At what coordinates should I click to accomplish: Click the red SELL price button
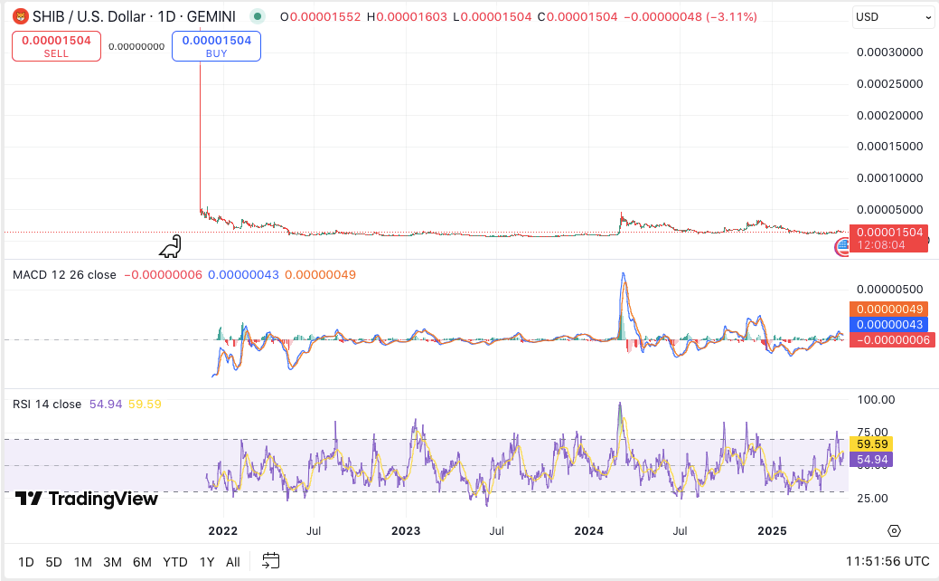[56, 46]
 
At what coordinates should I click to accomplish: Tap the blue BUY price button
[216, 46]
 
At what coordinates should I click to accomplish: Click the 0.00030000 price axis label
[889, 52]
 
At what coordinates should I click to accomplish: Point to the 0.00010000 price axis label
[889, 177]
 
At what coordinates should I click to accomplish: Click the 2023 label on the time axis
[406, 530]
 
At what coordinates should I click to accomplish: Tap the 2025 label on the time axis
[772, 530]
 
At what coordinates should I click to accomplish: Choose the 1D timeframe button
[26, 562]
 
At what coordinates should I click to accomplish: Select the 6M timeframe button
[142, 562]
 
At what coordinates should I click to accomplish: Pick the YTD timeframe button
[174, 562]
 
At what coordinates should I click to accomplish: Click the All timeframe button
[232, 562]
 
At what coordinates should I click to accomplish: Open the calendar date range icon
[271, 561]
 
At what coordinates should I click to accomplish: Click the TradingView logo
[87, 499]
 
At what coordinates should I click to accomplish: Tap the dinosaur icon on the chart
[171, 245]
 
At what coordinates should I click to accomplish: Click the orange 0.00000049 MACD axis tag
[893, 310]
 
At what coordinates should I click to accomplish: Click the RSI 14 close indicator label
[47, 405]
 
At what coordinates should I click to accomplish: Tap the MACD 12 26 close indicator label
[64, 275]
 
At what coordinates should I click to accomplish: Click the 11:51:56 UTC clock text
[887, 562]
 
